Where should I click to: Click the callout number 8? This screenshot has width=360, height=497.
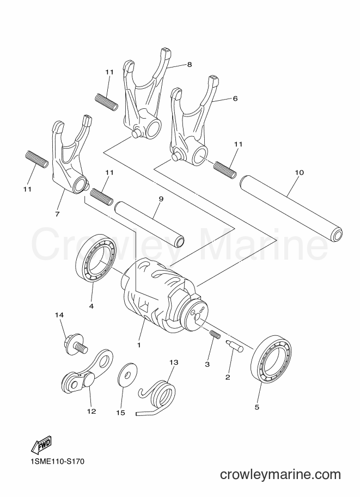[190, 65]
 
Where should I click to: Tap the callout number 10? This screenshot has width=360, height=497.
[299, 173]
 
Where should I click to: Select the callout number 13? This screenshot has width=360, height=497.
[174, 363]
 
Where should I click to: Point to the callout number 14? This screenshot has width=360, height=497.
[59, 315]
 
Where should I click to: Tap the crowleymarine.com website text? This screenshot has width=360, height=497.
[280, 475]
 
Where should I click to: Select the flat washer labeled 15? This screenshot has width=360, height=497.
[127, 375]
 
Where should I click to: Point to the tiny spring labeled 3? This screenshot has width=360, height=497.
[215, 334]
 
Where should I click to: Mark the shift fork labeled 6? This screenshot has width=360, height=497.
[193, 121]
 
